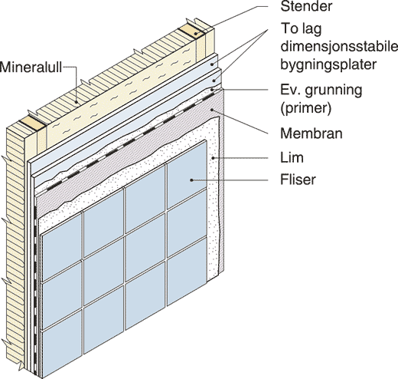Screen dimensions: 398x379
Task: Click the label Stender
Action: (x=306, y=7)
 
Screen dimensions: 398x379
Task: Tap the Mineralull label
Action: (x=31, y=68)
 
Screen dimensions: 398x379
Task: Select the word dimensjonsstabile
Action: (x=339, y=47)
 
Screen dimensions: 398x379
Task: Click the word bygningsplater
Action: (x=328, y=64)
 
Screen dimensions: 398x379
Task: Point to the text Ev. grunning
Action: (x=321, y=90)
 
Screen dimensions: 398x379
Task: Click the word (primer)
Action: (x=306, y=108)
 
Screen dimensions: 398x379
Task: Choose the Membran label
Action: (x=312, y=133)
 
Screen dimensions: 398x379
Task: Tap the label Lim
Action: (x=292, y=157)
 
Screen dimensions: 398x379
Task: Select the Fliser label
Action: (x=298, y=180)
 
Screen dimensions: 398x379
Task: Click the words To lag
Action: (x=301, y=29)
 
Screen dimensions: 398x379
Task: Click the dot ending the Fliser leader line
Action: (x=191, y=180)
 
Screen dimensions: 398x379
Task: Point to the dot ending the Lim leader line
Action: (x=213, y=158)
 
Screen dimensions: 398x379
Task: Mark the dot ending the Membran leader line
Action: (x=212, y=110)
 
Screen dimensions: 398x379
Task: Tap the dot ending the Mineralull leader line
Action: (x=77, y=102)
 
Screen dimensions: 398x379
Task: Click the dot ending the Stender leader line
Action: (x=196, y=34)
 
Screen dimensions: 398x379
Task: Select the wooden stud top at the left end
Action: (x=32, y=124)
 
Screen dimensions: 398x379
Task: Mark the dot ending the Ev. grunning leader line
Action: (x=212, y=90)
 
